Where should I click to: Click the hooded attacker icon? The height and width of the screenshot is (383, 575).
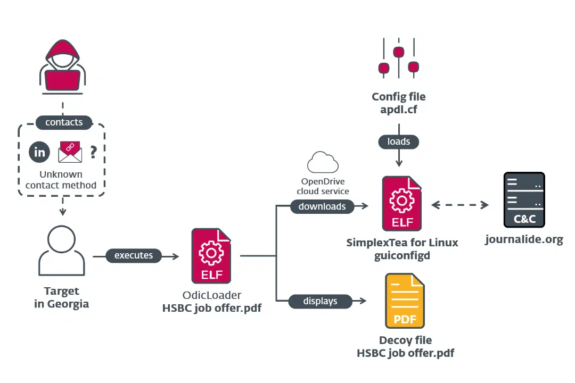(x=63, y=66)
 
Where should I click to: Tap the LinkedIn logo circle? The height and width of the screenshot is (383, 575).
(x=39, y=152)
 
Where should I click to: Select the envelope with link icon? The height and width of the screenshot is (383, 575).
(x=70, y=152)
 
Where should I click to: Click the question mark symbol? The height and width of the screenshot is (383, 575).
(x=94, y=152)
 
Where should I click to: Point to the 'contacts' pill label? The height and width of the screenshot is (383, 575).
(x=64, y=122)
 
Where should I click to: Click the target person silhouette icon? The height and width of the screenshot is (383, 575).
(x=62, y=251)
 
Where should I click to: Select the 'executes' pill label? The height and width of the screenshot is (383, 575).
(x=134, y=255)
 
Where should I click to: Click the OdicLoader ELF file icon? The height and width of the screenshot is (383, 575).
(x=211, y=256)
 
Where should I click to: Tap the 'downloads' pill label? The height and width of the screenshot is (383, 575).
(x=322, y=206)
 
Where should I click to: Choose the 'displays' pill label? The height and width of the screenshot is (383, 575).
(x=320, y=301)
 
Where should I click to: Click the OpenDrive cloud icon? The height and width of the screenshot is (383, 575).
(x=323, y=162)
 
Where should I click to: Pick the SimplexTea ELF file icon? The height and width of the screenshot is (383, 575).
(x=402, y=203)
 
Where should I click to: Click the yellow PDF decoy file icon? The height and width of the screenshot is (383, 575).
(x=405, y=301)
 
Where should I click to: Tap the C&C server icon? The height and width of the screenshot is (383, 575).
(x=524, y=200)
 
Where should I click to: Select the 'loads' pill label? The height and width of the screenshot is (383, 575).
(x=399, y=141)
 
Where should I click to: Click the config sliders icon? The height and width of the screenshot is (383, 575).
(x=399, y=58)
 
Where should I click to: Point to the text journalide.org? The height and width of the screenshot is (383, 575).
(x=524, y=239)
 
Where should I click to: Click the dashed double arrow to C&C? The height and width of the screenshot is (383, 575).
(x=460, y=205)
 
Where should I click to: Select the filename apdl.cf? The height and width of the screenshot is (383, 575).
(x=399, y=110)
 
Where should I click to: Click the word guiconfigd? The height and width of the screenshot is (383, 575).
(x=402, y=255)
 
